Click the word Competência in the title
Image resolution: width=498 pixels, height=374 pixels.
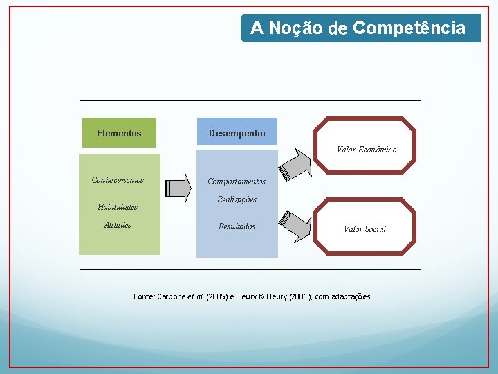tap(409, 28)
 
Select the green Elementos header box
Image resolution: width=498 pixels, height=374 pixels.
tap(119, 133)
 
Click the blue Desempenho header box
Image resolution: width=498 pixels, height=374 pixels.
tap(237, 133)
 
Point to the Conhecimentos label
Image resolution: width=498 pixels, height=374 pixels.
tap(118, 180)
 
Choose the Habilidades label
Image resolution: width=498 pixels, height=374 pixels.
tap(118, 206)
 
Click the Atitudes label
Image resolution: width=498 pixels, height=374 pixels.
tap(118, 225)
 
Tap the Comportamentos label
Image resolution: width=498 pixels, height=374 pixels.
tap(237, 181)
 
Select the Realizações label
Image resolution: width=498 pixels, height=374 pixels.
tap(237, 199)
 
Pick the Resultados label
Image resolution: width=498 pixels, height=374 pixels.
tap(237, 226)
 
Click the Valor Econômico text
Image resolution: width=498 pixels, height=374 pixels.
tap(367, 150)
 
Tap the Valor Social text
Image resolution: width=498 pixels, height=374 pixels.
tap(365, 229)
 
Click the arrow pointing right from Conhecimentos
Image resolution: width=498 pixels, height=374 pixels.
tap(179, 187)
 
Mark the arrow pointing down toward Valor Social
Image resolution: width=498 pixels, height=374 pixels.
tap(295, 224)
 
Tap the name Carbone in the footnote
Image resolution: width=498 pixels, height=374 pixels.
tap(172, 296)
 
